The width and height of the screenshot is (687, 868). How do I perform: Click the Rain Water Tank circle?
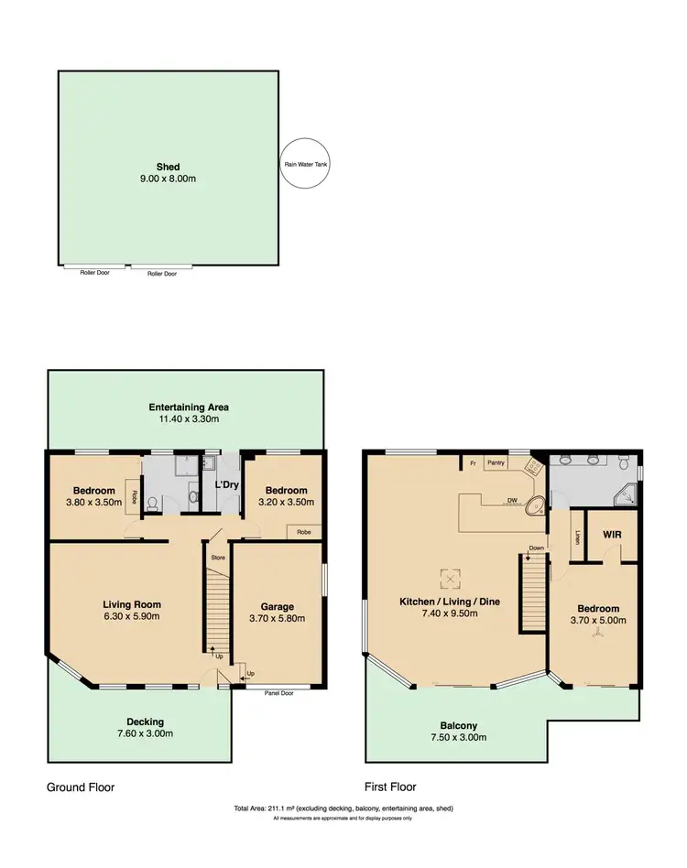pos(305,165)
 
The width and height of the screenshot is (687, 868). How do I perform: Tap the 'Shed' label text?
pos(168,167)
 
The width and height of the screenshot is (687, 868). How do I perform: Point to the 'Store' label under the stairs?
pos(217,557)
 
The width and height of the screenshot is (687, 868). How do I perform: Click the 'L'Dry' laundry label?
pos(227,484)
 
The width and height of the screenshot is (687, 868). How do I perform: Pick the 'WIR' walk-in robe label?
pos(612,534)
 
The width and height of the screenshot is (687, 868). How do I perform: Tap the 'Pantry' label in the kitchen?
pos(496,463)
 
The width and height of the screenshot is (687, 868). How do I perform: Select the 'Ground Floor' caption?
pos(81,787)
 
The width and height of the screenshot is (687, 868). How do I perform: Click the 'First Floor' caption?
pos(390,787)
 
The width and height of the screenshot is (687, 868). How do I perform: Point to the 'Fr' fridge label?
pos(472,463)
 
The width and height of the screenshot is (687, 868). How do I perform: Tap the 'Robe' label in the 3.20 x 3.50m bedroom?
pos(301,530)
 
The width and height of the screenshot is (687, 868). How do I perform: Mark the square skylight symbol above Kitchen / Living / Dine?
pos(449,578)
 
